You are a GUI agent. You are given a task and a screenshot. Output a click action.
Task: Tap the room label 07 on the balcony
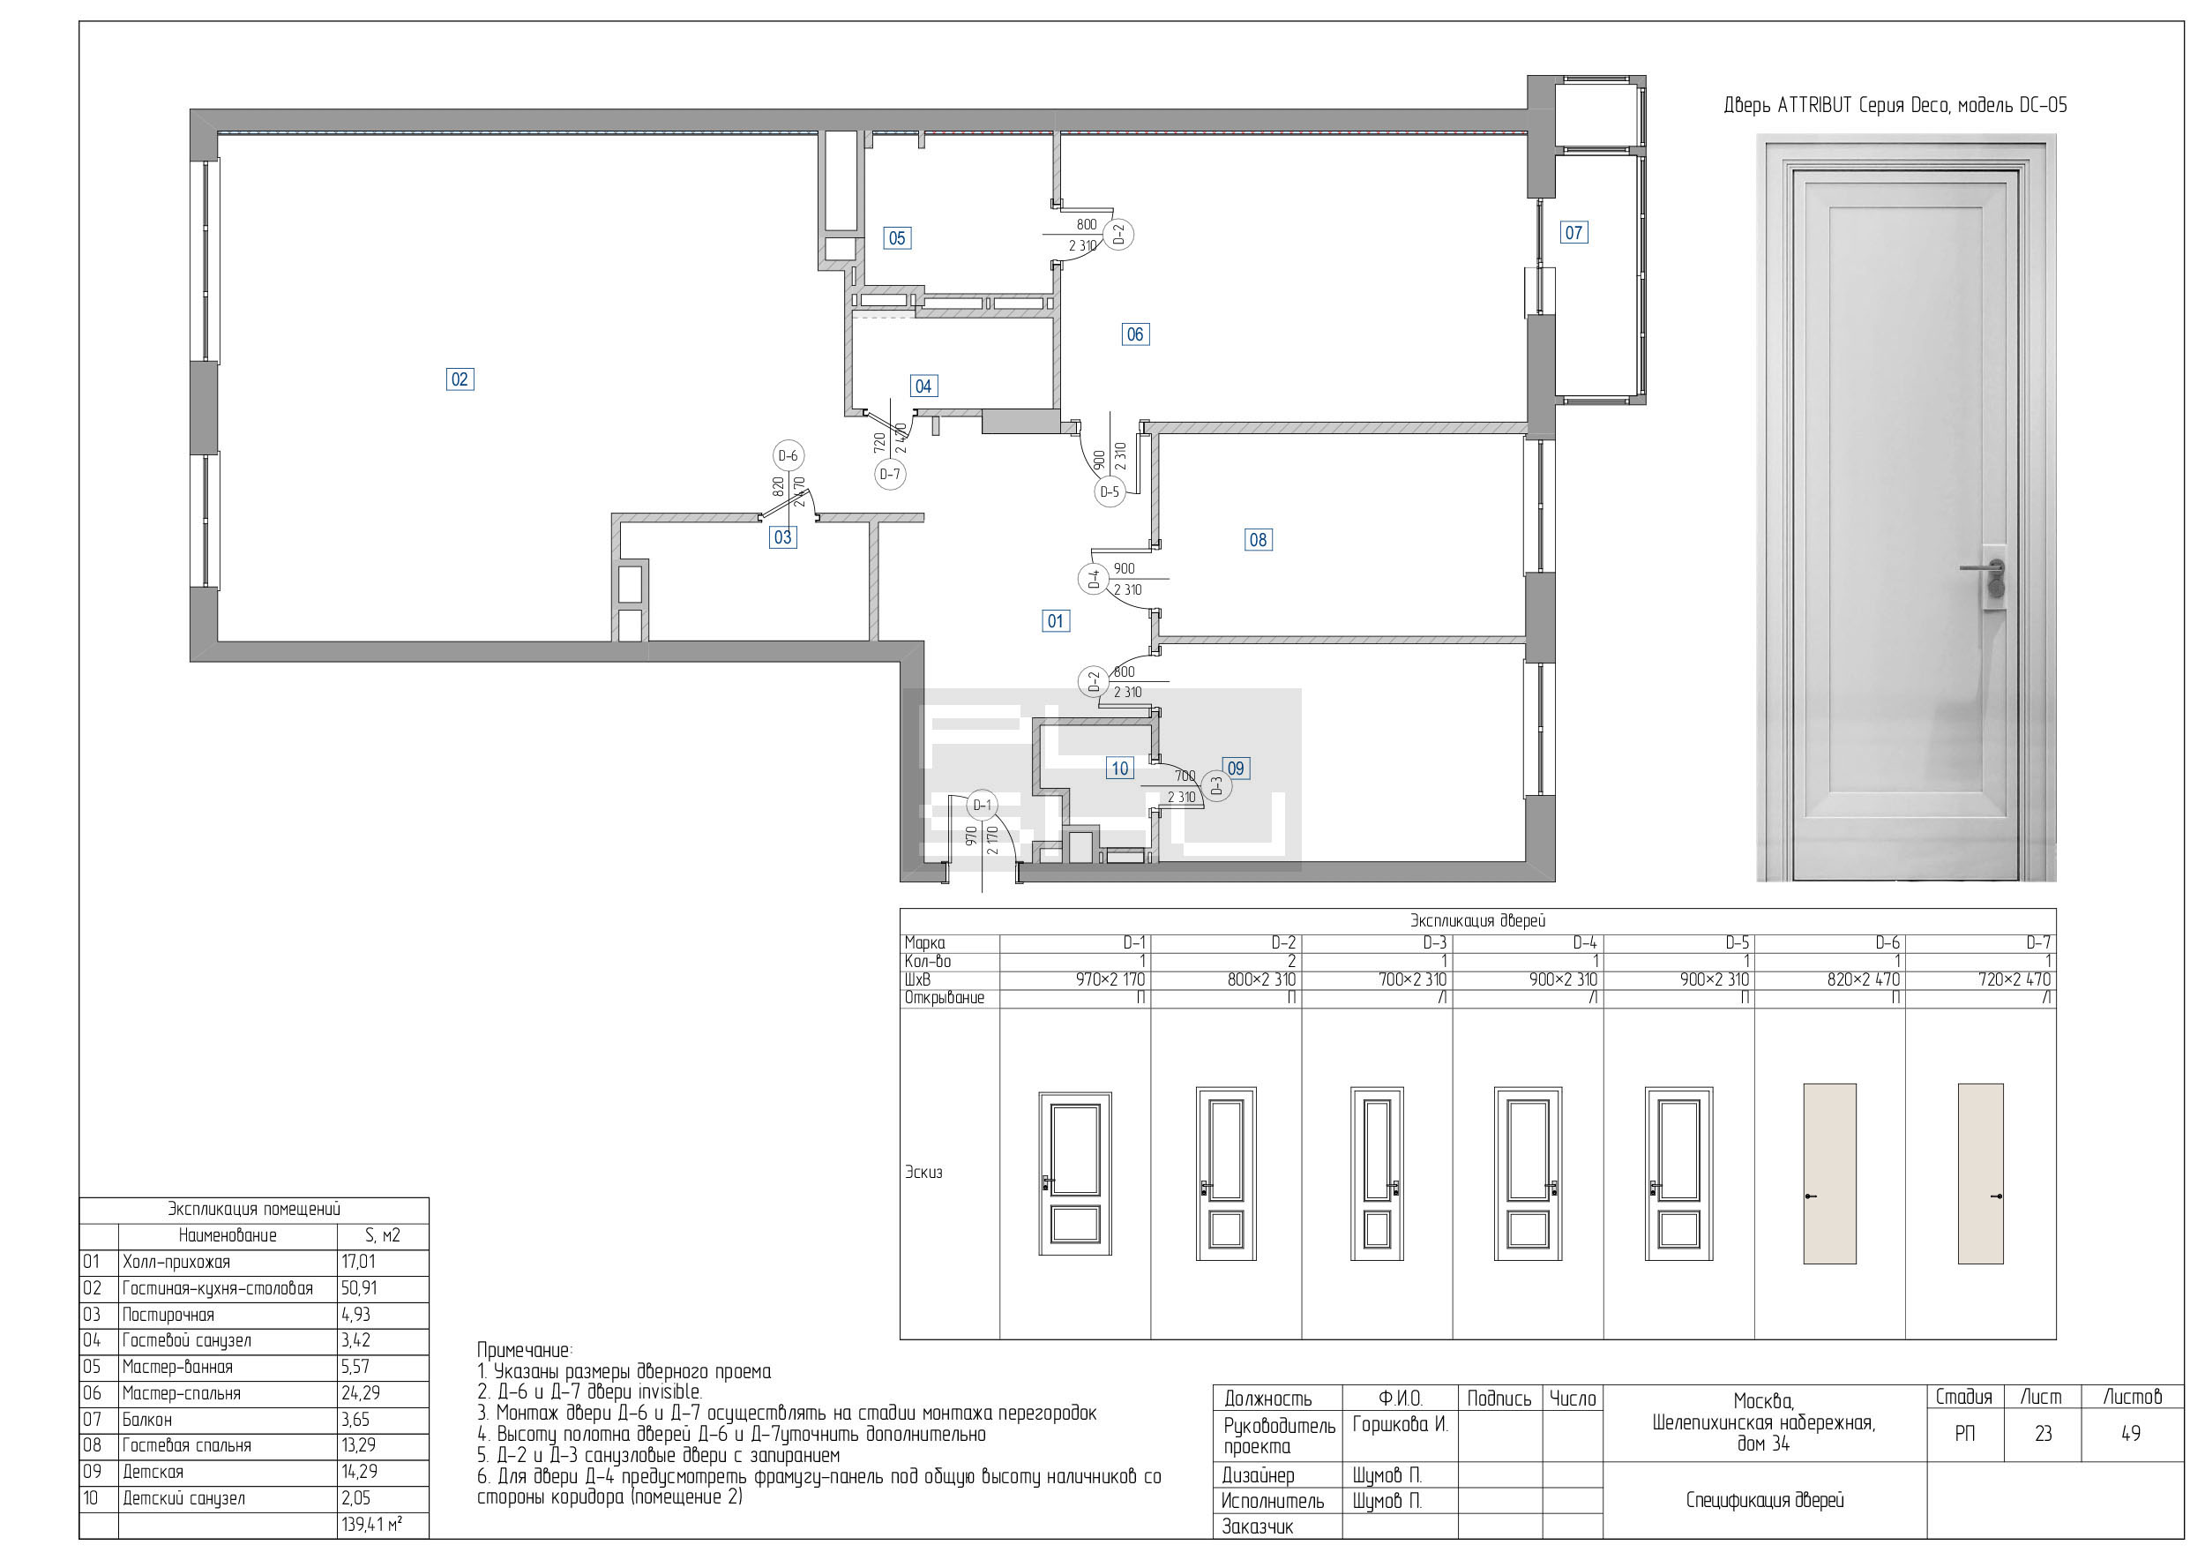[x=1573, y=232]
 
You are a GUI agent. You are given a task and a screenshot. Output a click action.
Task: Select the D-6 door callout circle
[x=788, y=456]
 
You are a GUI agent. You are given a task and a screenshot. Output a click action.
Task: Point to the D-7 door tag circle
[x=890, y=475]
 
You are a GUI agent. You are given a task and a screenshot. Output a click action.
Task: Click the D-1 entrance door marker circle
[x=982, y=805]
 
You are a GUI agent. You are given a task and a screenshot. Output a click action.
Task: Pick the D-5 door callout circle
[x=1110, y=491]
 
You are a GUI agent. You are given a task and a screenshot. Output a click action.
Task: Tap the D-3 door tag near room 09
[x=1217, y=787]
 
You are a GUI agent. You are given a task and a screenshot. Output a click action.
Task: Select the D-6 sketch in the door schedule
[x=1829, y=1173]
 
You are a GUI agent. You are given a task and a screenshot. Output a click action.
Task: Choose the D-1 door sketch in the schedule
[x=1074, y=1173]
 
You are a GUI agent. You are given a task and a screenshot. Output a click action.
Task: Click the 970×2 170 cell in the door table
[x=1110, y=979]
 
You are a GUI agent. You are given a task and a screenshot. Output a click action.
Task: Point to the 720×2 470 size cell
[x=2014, y=979]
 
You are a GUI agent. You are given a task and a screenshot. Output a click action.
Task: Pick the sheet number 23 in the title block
[x=2043, y=1434]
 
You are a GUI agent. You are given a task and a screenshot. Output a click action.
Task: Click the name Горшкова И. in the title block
[x=1399, y=1424]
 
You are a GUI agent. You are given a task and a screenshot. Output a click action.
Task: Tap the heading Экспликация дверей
[x=1477, y=921]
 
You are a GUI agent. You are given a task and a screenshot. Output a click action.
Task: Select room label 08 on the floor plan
[x=1258, y=540]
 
